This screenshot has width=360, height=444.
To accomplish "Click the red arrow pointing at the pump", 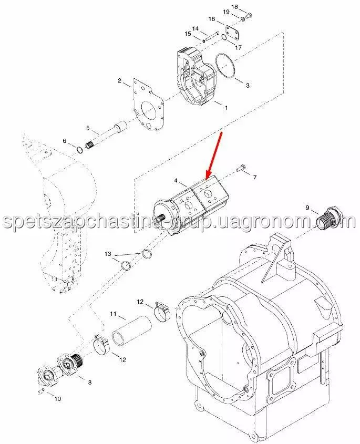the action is [x=215, y=155].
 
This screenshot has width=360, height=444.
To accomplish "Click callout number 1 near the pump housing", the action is [x=226, y=108].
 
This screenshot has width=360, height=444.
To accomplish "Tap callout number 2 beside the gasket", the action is [x=119, y=81].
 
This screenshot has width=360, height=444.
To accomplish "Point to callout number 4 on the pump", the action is [x=176, y=180].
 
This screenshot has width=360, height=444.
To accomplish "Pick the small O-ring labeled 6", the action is [x=80, y=150].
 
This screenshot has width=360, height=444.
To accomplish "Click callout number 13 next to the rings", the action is [x=108, y=254].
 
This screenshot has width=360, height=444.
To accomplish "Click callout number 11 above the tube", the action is [x=114, y=314].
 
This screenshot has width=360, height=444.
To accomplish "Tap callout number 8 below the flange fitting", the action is [x=90, y=383].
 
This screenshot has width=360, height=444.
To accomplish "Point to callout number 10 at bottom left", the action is [x=57, y=399].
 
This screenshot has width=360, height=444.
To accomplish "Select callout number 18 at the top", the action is [x=235, y=6].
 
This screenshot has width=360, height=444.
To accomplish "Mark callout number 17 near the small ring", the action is [x=239, y=47].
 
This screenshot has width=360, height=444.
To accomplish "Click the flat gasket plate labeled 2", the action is [x=148, y=106].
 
